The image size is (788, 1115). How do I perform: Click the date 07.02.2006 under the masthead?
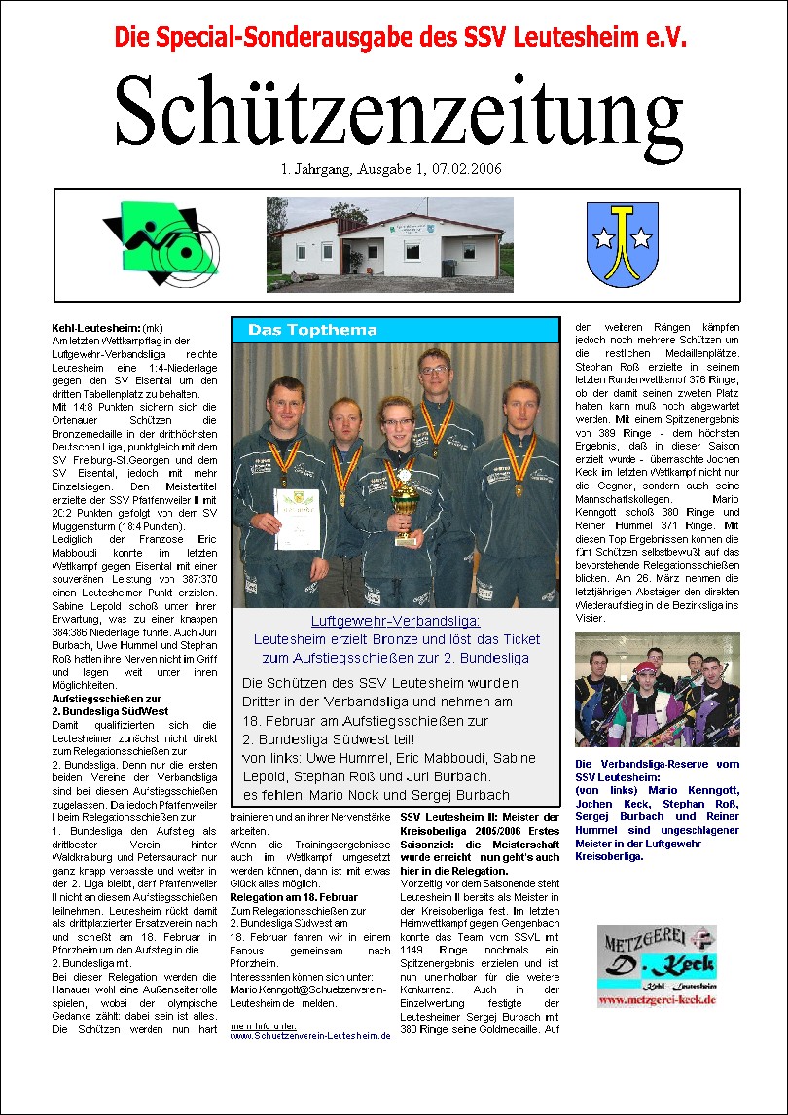point(456,169)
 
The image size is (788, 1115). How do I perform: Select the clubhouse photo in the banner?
point(390,244)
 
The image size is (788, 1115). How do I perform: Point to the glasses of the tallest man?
point(434,371)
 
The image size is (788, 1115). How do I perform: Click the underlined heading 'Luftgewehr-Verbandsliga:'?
point(395,621)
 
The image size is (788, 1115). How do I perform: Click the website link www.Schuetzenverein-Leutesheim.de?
point(309,1036)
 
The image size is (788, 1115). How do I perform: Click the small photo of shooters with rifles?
point(657,692)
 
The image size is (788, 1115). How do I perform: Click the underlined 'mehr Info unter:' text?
point(264,1025)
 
